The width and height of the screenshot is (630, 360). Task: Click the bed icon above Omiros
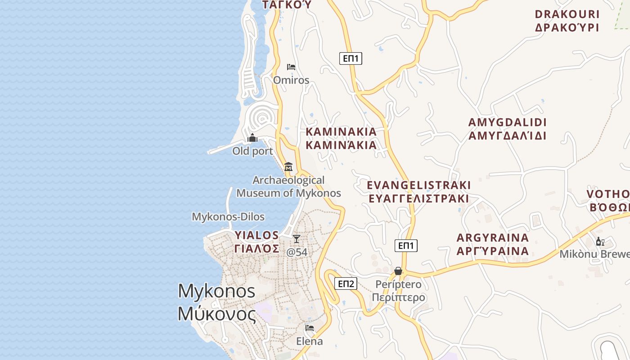291,67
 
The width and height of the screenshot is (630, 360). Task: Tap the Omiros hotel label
291,80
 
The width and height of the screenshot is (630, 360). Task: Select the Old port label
252,151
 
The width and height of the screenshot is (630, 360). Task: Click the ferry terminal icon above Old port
252,138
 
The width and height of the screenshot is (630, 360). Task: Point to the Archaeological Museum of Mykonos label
288,187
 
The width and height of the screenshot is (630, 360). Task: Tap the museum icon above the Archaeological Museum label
288,166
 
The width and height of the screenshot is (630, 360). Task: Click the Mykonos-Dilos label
228,217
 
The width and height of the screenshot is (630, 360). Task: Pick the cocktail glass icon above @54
296,238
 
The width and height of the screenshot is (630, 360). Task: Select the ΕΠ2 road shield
346,283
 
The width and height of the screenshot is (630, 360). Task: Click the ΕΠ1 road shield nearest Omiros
351,58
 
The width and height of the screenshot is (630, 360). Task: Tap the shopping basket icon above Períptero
398,271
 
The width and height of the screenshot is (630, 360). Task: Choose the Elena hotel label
309,342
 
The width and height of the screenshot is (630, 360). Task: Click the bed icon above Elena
309,328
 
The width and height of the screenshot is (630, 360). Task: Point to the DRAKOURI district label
567,21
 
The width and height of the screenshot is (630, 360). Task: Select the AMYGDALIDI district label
507,129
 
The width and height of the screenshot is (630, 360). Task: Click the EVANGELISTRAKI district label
418,192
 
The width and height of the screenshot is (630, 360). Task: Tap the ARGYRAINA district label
492,244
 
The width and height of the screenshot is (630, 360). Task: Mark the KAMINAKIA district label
341,138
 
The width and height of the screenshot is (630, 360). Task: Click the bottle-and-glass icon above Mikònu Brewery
600,242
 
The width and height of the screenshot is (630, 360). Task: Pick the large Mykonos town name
217,302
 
